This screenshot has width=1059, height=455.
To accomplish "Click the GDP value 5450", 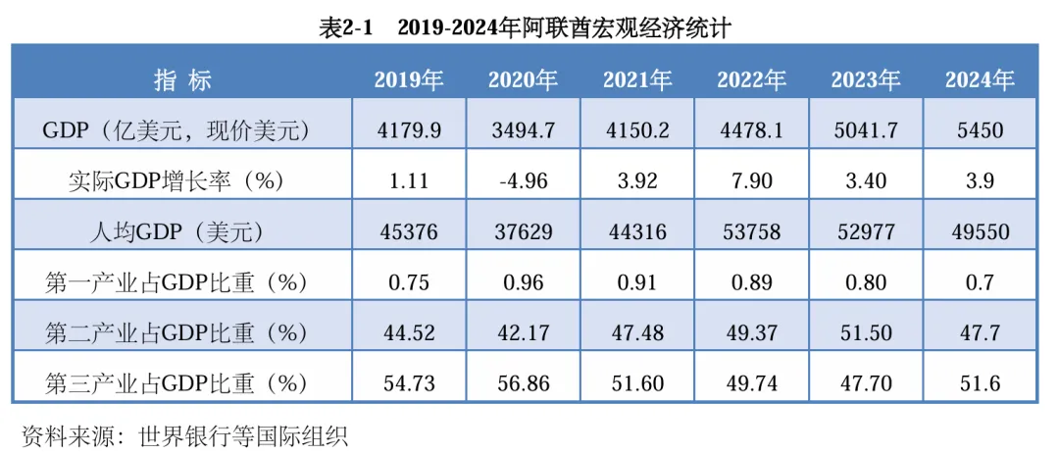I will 980,129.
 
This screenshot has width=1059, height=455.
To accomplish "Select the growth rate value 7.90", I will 751,180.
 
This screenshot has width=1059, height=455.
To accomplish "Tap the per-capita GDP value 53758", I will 751,231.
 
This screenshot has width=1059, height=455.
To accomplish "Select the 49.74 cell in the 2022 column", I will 751,382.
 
